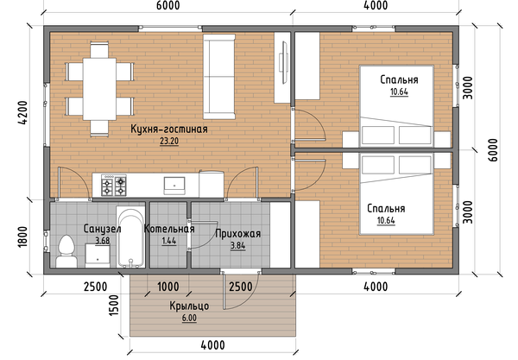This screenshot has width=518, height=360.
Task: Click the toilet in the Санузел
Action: point(67,251)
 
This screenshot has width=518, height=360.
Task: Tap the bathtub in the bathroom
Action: point(131,237)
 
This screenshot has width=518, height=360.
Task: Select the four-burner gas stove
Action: point(114,186)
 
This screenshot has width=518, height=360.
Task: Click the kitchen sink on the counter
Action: point(174,186)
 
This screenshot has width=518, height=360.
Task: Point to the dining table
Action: point(99,89)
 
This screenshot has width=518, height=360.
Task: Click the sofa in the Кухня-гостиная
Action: point(219,76)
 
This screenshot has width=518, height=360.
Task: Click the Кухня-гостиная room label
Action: point(169,129)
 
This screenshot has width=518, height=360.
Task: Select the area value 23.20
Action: point(169,142)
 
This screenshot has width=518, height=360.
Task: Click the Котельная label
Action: point(169,229)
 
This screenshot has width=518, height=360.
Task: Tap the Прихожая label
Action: point(238,233)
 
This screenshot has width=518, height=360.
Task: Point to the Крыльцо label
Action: point(189,306)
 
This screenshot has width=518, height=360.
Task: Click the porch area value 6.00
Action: point(189,318)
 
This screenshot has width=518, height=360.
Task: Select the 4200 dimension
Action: point(24,112)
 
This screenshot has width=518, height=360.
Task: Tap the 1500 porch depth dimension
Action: point(114,305)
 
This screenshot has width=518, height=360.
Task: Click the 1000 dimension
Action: point(168,287)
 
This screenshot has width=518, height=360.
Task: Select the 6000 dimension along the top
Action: point(168,5)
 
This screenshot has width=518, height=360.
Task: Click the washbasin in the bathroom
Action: point(98,256)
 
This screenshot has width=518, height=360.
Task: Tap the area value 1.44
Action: point(169,241)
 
